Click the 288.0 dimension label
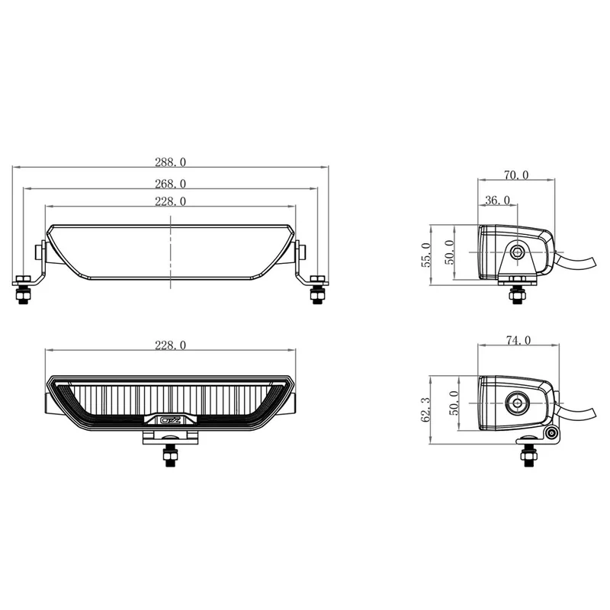[170, 162]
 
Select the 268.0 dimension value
[170, 183]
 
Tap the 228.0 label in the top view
[170, 201]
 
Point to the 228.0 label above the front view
[170, 345]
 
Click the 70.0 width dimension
[515, 175]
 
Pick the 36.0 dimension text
[496, 200]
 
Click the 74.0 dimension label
[515, 341]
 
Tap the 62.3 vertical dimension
[427, 409]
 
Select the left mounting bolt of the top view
[23, 291]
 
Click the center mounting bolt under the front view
[169, 455]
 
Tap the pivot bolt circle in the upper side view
[518, 251]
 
